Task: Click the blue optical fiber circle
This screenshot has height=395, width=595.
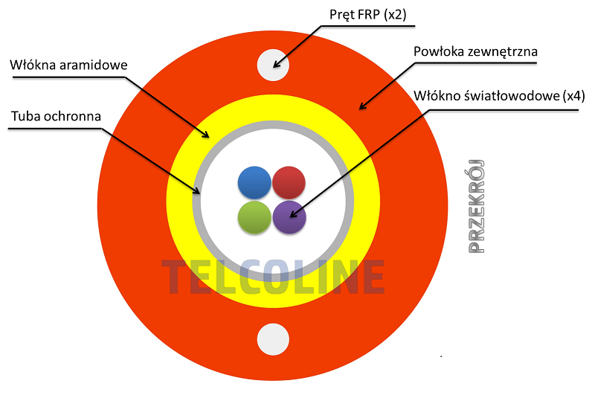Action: click(254, 182)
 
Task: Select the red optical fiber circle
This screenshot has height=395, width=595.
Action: click(289, 182)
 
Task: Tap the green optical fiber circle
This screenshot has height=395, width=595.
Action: click(254, 217)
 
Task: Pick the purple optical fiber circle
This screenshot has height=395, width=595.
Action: click(289, 217)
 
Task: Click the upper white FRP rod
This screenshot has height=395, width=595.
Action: click(273, 65)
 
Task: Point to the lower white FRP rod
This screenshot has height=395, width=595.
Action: click(273, 339)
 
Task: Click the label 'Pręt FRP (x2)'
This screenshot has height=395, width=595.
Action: click(367, 14)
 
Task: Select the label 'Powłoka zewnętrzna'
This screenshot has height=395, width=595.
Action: click(475, 51)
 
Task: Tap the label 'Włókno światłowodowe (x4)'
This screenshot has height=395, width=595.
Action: click(499, 96)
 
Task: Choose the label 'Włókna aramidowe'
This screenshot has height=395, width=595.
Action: click(68, 65)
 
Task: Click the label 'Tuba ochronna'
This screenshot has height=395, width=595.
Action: click(57, 116)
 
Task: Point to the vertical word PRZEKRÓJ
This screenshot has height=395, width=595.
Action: click(476, 206)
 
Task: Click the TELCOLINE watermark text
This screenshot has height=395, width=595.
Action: click(273, 277)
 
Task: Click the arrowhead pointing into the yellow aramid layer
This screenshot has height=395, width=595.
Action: click(205, 135)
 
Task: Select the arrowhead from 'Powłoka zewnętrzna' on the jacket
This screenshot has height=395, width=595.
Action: click(363, 106)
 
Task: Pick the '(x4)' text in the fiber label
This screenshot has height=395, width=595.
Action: click(573, 96)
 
